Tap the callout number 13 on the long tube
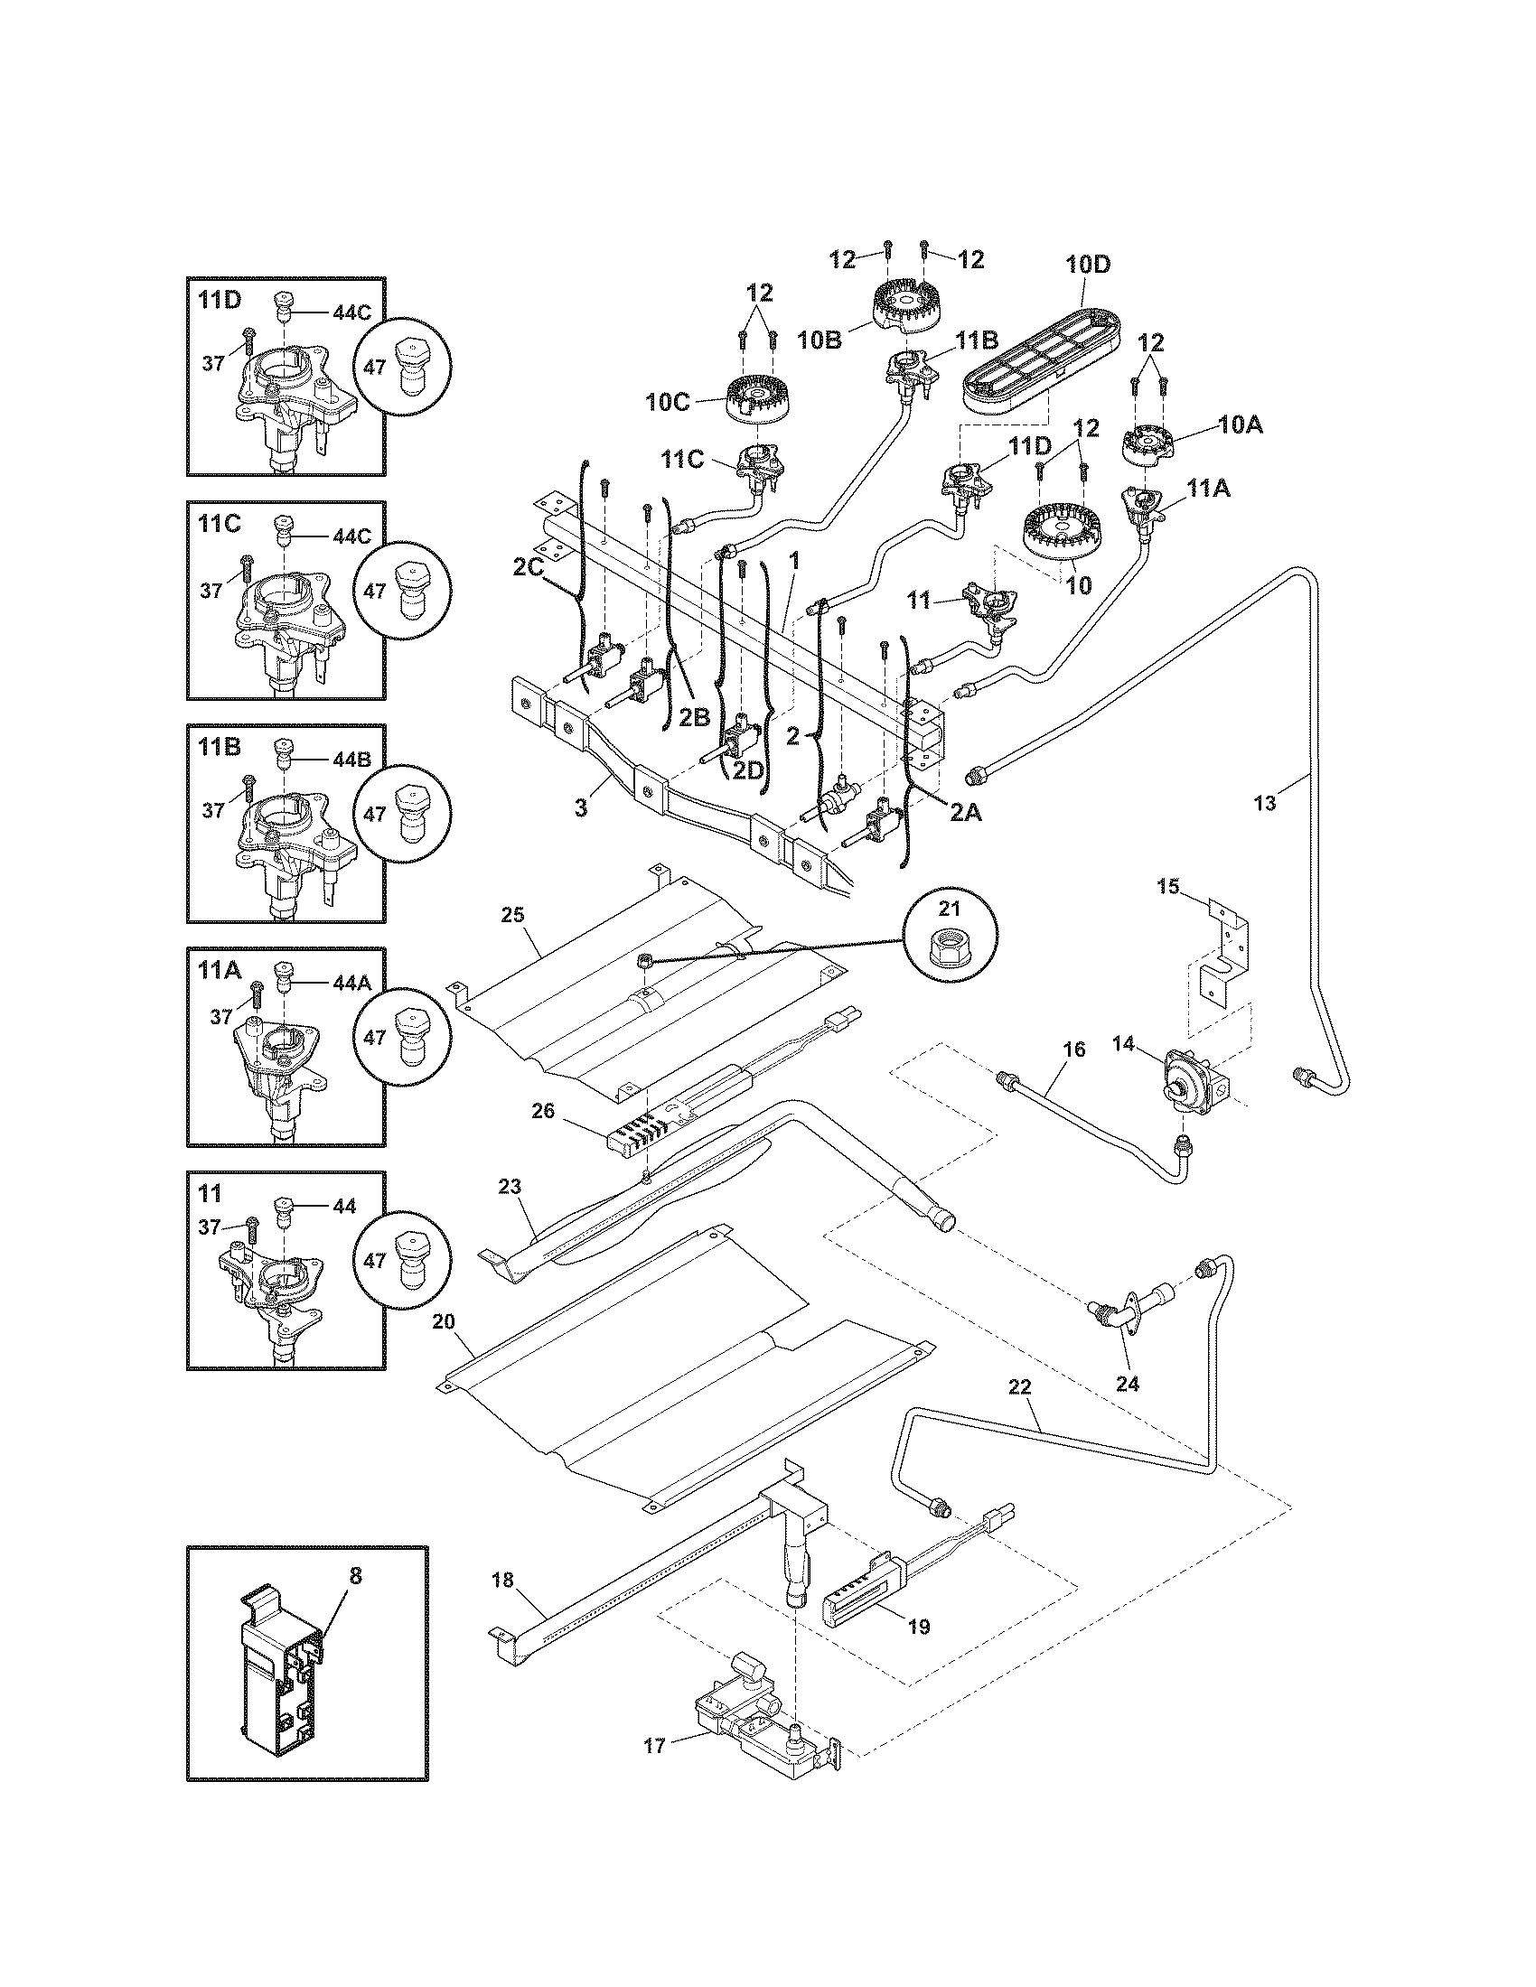tap(1265, 802)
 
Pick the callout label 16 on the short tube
tap(1073, 1049)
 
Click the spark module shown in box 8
tap(277, 1664)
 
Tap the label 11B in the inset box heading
tap(219, 748)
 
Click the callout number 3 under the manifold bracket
tap(582, 806)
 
